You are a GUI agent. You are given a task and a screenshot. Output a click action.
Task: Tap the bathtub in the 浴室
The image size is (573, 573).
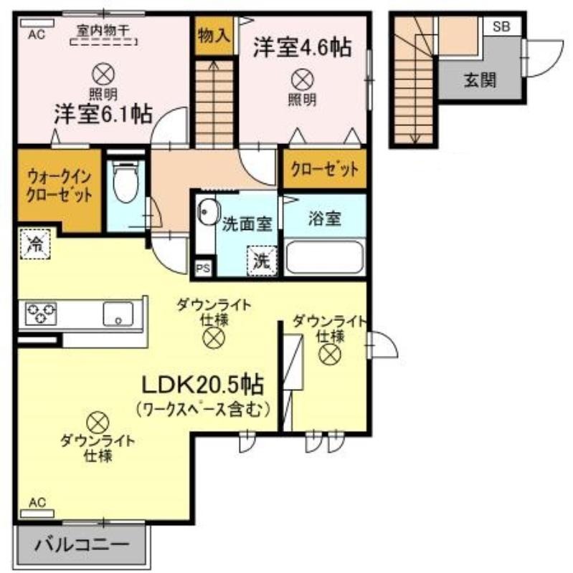(325, 257)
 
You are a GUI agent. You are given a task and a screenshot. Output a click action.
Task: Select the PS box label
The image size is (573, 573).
(203, 268)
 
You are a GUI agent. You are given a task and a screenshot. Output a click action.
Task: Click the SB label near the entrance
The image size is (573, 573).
(501, 27)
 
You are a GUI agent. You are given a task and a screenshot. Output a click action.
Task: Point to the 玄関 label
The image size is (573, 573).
(480, 80)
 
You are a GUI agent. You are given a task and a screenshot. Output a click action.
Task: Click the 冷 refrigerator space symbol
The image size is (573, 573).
(35, 244)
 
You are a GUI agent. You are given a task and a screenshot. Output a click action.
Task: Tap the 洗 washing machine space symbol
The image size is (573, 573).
(262, 261)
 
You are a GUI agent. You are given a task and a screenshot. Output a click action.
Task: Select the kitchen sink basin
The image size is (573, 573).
(118, 314)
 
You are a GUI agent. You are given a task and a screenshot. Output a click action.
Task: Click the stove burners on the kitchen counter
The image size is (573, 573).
(41, 314)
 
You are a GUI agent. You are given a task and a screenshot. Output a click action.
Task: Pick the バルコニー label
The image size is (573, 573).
(82, 544)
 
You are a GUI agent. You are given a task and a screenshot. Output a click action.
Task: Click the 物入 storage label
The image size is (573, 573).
(214, 36)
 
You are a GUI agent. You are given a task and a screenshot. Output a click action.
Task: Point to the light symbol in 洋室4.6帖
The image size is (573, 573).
(303, 80)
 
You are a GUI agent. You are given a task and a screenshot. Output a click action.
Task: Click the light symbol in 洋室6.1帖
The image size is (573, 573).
(103, 74)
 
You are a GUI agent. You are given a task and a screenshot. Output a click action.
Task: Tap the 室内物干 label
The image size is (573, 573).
(103, 31)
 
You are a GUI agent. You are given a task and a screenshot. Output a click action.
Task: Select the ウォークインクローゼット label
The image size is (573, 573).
(60, 186)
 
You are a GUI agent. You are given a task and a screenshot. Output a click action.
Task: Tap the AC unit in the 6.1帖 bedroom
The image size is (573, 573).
(37, 24)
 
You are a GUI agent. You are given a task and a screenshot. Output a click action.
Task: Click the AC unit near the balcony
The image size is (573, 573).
(37, 514)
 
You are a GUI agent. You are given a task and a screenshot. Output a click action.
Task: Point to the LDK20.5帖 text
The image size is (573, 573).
(202, 385)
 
